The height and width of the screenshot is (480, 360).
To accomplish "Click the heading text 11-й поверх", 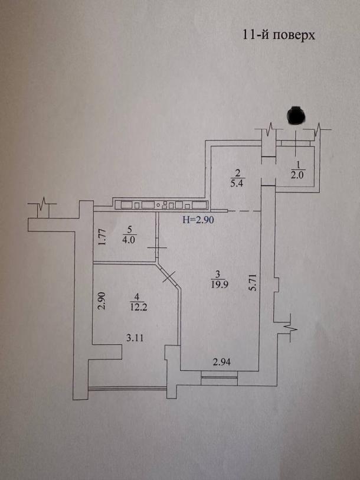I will (x=279, y=34).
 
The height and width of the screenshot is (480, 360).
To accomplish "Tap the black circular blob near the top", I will (x=294, y=115).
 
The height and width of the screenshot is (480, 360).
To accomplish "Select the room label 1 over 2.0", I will (x=297, y=169).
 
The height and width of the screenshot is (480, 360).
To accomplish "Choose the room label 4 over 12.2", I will (x=136, y=301).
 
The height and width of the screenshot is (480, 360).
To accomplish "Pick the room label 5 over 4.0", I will (x=131, y=235).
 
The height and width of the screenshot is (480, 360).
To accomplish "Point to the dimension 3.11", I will (x=136, y=338).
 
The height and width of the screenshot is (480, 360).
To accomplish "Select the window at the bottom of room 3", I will (x=219, y=376).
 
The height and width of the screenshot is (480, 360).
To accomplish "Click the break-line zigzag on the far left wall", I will (x=42, y=208).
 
